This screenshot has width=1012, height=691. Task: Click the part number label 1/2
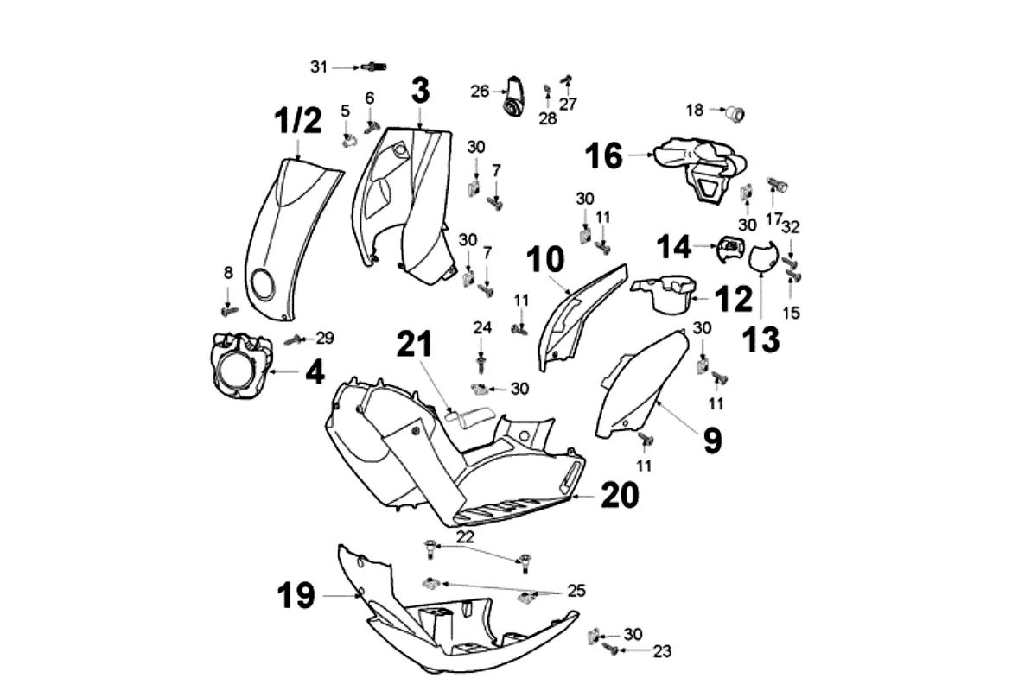pos(297,121)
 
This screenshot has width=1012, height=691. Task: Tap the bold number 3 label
pos(420,90)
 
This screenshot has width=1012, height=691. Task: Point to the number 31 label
pos(320,67)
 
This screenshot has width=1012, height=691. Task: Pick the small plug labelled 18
pos(735,112)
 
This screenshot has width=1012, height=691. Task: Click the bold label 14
pos(674,248)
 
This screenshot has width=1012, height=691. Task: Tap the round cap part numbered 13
pos(761,257)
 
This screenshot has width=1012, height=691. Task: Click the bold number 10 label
pos(545,259)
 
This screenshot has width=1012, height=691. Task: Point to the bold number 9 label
pos(711,441)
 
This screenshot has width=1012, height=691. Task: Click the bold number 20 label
pos(620,495)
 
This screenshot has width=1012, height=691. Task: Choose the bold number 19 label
pos(296,595)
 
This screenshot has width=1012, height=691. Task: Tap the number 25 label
pos(575,591)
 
